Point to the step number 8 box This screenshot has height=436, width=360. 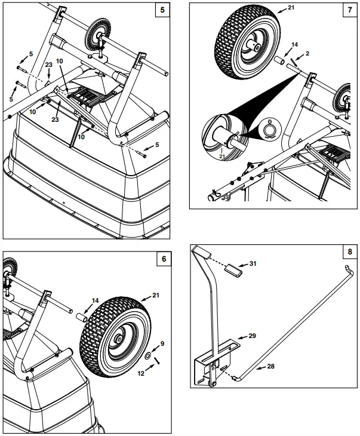pos(349,251)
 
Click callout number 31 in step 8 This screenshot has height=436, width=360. pos(253,264)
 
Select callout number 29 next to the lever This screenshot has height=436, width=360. pos(252,337)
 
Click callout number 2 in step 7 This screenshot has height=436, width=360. pos(307,54)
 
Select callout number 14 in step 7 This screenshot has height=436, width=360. pos(294,44)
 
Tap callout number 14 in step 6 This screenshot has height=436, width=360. pos(95,301)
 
